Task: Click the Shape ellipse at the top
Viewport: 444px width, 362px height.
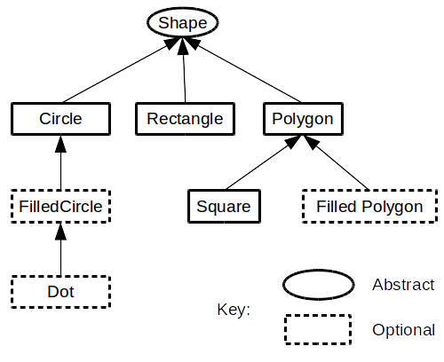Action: [x=182, y=21]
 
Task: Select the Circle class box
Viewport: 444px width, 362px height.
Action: [x=60, y=118]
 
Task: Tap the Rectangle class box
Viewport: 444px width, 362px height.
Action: [x=185, y=118]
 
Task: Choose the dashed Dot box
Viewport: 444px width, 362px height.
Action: [x=60, y=291]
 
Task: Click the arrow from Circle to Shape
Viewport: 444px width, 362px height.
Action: [x=111, y=75]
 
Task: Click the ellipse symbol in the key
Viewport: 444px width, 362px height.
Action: [x=317, y=285]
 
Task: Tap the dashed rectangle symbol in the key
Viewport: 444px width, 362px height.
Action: [x=317, y=329]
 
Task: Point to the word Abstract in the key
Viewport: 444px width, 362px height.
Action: [x=402, y=285]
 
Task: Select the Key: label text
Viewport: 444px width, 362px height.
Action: [x=234, y=310]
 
